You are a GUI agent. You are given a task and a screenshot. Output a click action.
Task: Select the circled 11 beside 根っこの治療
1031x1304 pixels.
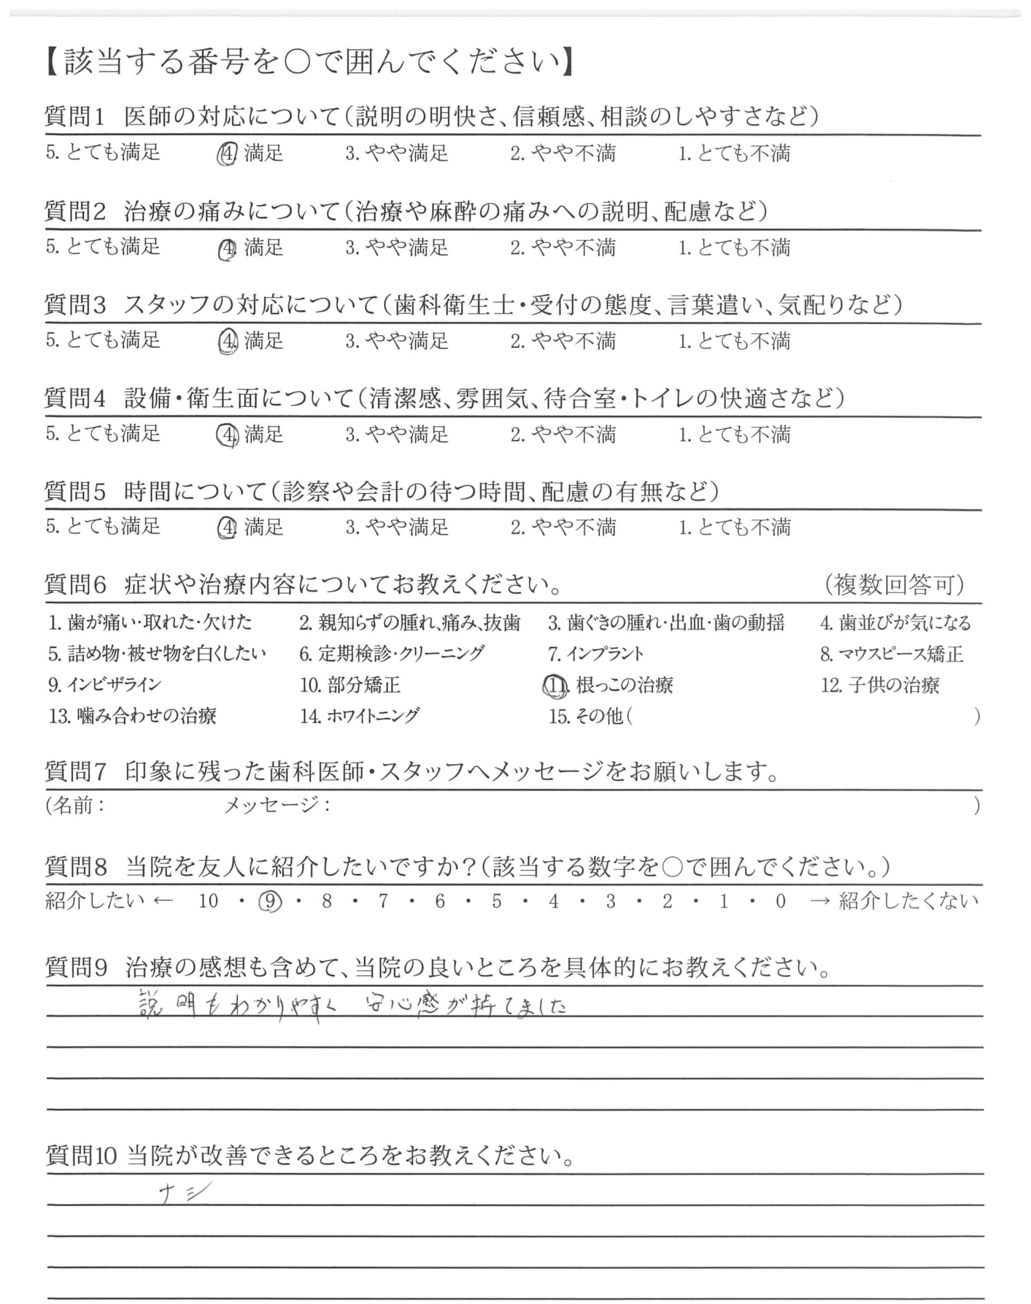[555, 685]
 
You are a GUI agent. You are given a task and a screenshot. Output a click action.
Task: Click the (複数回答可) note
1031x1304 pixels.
[894, 584]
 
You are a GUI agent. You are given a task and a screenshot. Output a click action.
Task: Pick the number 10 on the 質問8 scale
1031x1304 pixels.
[208, 901]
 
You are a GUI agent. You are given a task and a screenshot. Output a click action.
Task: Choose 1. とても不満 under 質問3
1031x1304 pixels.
[734, 341]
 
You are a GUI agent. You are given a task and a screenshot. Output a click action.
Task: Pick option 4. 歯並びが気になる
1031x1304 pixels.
[895, 622]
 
